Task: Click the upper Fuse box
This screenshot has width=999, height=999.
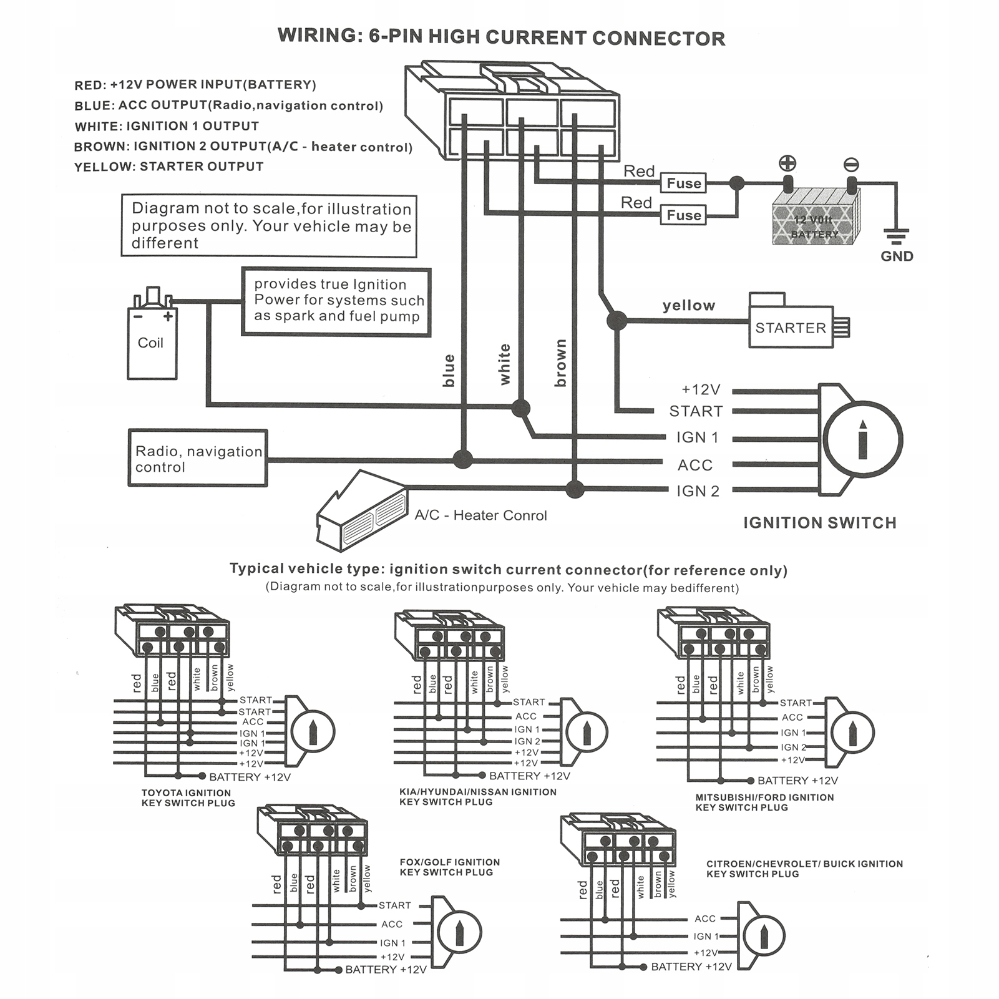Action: coord(683,183)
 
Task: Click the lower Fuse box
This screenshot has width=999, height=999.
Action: coord(683,215)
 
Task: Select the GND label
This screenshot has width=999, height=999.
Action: coord(897,256)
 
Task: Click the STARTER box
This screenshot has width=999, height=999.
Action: coord(791,328)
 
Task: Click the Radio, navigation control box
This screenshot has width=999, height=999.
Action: coord(198,459)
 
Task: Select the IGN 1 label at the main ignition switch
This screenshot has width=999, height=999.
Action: coord(697,437)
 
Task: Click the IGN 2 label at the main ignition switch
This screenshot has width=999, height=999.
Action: coord(698,491)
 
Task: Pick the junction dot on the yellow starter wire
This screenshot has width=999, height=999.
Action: coord(616,321)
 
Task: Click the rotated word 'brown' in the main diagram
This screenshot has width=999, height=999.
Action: coord(560,363)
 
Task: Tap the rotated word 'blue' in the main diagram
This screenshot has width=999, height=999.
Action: coord(449,371)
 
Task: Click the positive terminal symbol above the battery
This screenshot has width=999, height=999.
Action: coord(787,163)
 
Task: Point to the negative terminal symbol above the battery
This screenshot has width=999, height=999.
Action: coord(851,165)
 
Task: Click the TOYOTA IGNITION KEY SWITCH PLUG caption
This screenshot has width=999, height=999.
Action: coord(188,798)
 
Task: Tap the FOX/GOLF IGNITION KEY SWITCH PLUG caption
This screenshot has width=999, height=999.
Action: coord(449,867)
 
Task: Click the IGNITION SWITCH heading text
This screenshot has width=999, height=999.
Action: coord(819,523)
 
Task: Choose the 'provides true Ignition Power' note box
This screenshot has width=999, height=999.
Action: coord(336,302)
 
